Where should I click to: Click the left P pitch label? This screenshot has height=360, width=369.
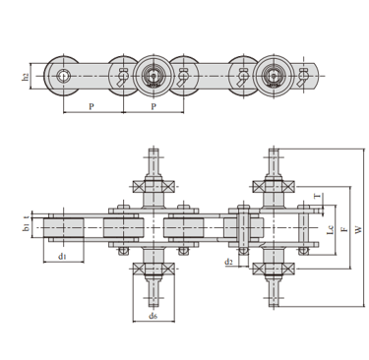point(92,106)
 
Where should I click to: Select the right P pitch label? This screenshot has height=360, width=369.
point(154,106)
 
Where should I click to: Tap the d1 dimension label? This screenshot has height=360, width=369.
point(62,256)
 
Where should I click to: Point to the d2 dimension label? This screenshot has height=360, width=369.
point(228,262)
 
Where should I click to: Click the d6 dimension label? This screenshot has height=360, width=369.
point(154,316)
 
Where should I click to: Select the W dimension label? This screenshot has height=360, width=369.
point(359,229)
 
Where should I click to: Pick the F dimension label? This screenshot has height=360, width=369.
point(344,229)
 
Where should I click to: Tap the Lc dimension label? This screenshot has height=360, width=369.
point(331,229)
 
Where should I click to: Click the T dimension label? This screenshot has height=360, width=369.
point(317,197)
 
